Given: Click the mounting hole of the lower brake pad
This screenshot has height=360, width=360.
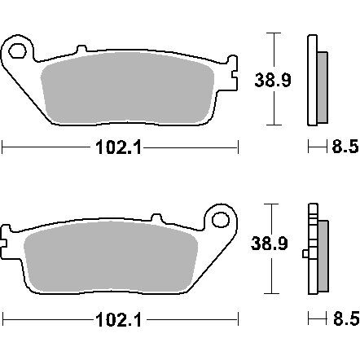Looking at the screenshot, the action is [x=221, y=220].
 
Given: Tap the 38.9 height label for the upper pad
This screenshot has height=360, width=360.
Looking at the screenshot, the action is [x=273, y=80].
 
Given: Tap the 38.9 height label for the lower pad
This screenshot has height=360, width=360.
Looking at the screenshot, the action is [x=269, y=244].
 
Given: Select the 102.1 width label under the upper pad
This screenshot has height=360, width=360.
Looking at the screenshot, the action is [x=119, y=148].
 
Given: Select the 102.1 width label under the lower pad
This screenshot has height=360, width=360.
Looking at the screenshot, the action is [x=119, y=319].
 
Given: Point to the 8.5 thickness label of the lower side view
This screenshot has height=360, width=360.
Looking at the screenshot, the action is [x=346, y=318].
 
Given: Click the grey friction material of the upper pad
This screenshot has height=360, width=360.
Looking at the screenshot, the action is [x=127, y=87].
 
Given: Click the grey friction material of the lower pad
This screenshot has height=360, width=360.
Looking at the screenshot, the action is [x=111, y=256].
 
